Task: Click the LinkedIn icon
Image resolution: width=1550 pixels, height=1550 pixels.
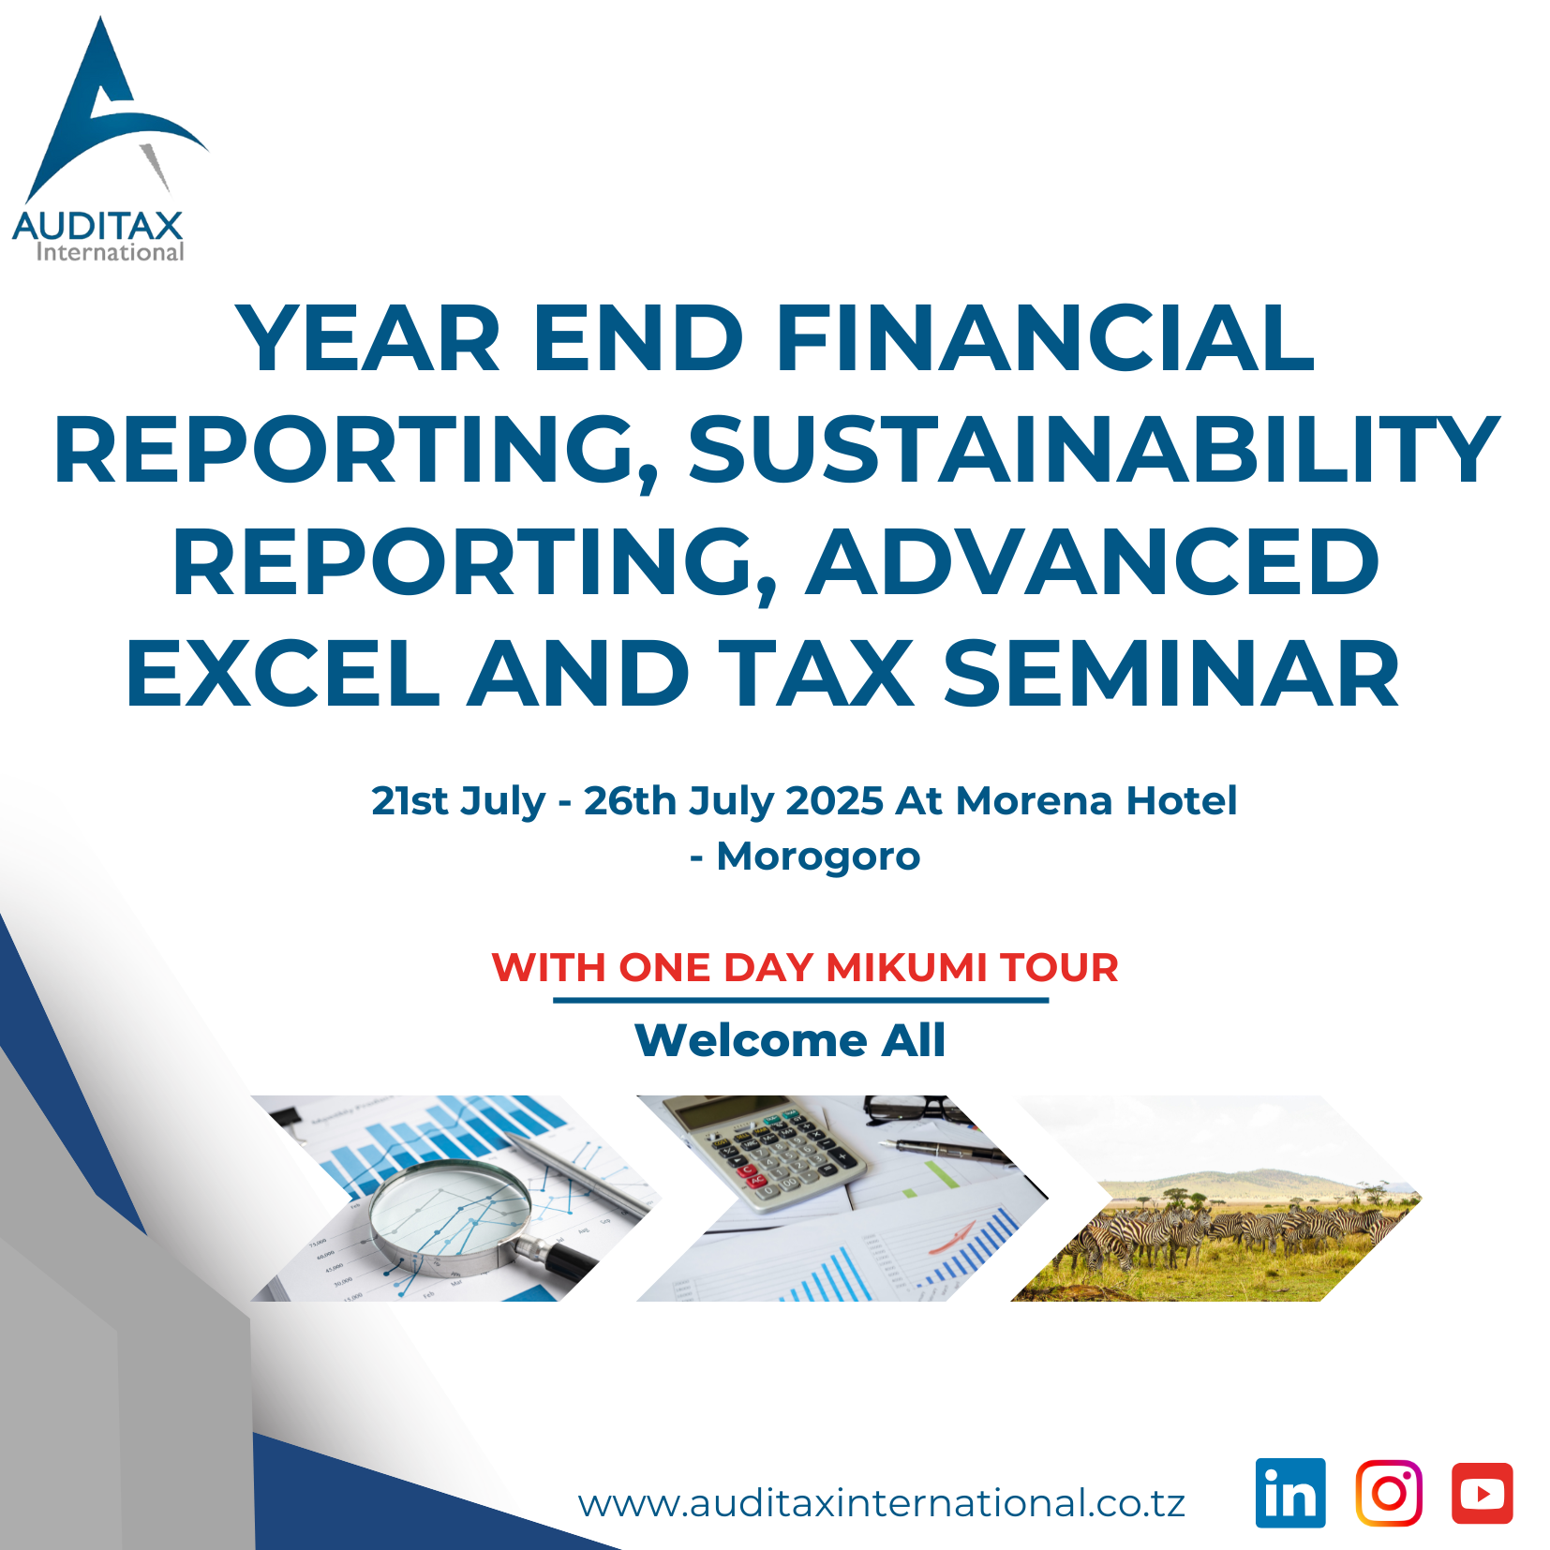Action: coord(1290,1492)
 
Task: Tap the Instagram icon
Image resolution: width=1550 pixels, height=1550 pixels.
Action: coord(1388,1492)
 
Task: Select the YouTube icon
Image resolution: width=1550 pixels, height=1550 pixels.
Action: coord(1482,1492)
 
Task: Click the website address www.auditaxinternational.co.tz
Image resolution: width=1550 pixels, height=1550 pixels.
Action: coord(881,1503)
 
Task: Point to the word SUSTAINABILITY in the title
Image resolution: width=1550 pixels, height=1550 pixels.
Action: coord(1094,450)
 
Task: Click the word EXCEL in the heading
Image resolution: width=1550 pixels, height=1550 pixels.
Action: coord(282,673)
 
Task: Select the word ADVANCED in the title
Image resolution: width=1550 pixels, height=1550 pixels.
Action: coord(1092,561)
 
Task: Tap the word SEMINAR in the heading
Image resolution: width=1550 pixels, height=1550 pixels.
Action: coord(1170,673)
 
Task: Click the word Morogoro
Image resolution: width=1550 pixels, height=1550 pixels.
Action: coord(818,857)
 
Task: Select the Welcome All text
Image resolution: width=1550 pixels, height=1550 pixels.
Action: coord(790,1040)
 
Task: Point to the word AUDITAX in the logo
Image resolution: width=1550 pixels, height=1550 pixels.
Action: coord(97,227)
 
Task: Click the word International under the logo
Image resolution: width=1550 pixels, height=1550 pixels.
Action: coord(110,252)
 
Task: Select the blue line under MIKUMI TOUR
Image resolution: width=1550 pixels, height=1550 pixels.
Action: coord(800,1000)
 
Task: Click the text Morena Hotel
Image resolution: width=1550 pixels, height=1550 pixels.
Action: coord(1095,801)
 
